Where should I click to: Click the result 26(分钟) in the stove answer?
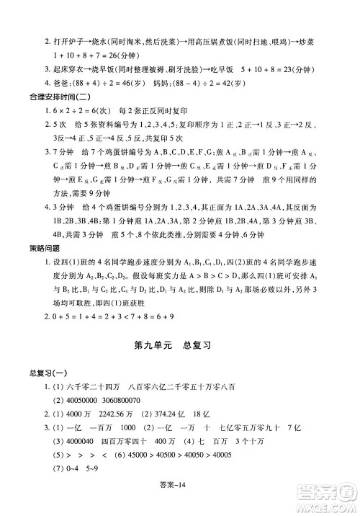click(128, 54)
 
